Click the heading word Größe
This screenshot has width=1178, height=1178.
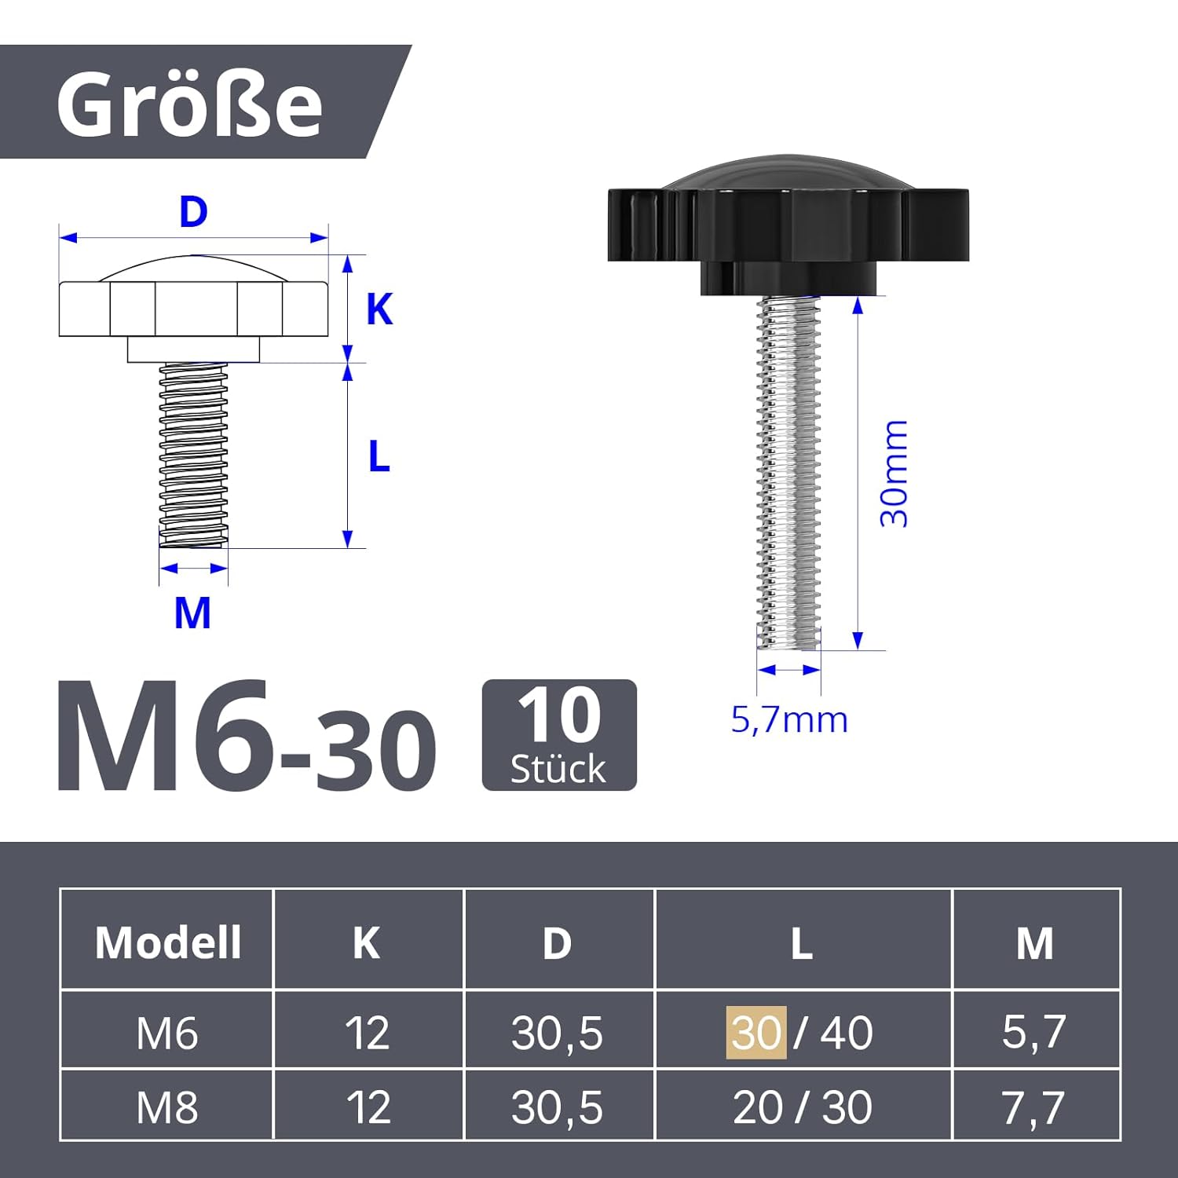tap(189, 104)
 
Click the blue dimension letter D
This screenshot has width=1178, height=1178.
tap(193, 213)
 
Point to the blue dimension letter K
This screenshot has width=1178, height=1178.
tap(379, 309)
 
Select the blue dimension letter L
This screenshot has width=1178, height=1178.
tap(379, 457)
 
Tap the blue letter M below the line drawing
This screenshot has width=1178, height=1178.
tap(192, 613)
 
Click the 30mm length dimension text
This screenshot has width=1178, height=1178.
tap(894, 474)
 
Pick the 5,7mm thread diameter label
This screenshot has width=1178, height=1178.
tap(789, 720)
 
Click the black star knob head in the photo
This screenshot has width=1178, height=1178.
tap(788, 224)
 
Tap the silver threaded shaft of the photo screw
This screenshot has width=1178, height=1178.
tap(788, 471)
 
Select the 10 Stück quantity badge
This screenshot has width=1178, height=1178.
tap(558, 735)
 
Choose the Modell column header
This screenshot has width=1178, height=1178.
tap(167, 942)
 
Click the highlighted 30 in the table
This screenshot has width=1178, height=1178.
tap(756, 1033)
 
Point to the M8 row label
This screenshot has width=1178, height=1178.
tap(167, 1107)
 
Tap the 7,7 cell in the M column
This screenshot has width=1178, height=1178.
tap(1033, 1107)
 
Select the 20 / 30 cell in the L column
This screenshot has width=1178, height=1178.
tap(802, 1107)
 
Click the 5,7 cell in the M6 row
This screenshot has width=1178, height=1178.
tap(1033, 1032)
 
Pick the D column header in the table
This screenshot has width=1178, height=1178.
tap(557, 942)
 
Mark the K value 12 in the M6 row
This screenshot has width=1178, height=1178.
tap(367, 1033)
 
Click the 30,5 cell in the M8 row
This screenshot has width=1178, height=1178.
tap(557, 1107)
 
